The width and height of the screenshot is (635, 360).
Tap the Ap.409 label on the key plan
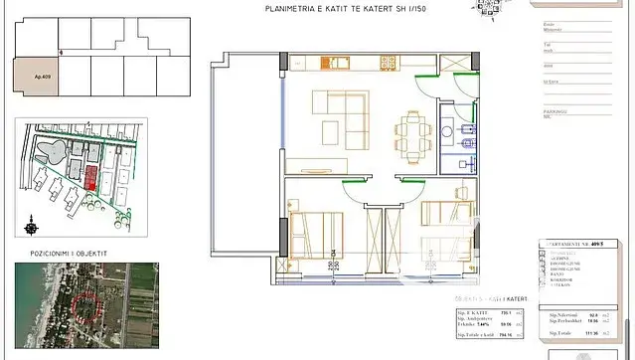pos(44,75)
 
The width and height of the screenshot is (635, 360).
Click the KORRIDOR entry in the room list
pos(562,281)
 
